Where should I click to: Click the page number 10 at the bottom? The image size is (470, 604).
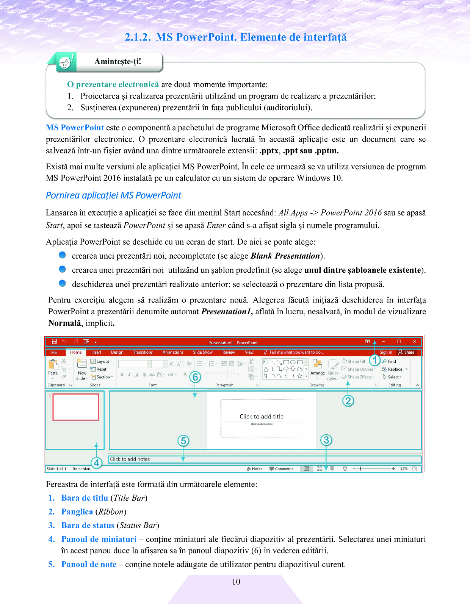point(236,582)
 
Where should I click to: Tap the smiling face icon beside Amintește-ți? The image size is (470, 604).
point(66,62)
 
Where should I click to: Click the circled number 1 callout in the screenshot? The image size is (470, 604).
point(374,360)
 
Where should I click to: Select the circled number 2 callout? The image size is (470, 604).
point(348,401)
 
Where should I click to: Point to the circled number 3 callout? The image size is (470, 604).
point(326,440)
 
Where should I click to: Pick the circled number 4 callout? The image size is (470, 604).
point(97,463)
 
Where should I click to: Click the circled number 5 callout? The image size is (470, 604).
point(183,441)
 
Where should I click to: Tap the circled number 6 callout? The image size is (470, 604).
point(195,377)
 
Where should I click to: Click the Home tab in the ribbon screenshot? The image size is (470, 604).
point(76,352)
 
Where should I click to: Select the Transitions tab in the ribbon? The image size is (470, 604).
point(143,352)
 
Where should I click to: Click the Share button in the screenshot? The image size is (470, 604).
point(406,352)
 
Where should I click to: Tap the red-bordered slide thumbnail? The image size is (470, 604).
point(76,407)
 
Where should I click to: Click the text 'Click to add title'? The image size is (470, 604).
point(262,417)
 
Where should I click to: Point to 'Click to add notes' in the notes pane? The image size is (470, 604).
point(130,459)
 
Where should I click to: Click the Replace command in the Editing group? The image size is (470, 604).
point(395,369)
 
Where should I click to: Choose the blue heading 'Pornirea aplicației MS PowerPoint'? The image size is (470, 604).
point(113,195)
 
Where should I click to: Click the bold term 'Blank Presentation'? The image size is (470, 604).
point(285,256)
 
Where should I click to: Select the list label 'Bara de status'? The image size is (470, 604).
point(88,525)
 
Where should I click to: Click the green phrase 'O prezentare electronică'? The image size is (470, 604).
point(113,84)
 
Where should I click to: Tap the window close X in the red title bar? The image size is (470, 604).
point(415,342)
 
